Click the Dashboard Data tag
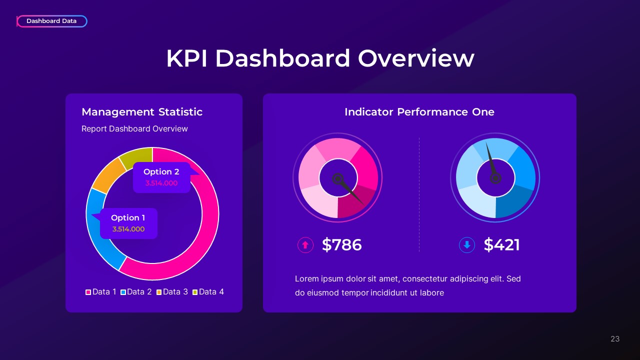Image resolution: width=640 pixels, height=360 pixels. [x=51, y=21]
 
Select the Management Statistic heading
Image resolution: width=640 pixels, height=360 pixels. [x=142, y=112]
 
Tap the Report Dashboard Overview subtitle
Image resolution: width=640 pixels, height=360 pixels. [x=134, y=128]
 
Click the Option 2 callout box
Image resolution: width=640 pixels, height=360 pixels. [x=161, y=177]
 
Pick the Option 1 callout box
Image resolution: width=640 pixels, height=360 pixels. [x=128, y=223]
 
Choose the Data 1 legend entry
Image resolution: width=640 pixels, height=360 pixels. [x=101, y=291]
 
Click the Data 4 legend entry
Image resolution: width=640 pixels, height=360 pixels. [x=208, y=291]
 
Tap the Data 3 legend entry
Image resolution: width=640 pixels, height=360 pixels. [x=172, y=291]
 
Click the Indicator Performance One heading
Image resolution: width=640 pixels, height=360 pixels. [x=419, y=112]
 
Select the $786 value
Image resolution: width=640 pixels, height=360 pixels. [x=341, y=245]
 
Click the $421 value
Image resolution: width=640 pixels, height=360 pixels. [x=501, y=245]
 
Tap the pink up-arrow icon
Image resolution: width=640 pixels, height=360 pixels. [x=305, y=245]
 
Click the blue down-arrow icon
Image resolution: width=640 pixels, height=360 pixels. [x=466, y=245]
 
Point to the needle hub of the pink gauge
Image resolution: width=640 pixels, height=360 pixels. [x=338, y=178]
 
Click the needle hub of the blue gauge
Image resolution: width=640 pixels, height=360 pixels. [x=495, y=177]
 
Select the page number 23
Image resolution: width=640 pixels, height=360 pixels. [x=615, y=339]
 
